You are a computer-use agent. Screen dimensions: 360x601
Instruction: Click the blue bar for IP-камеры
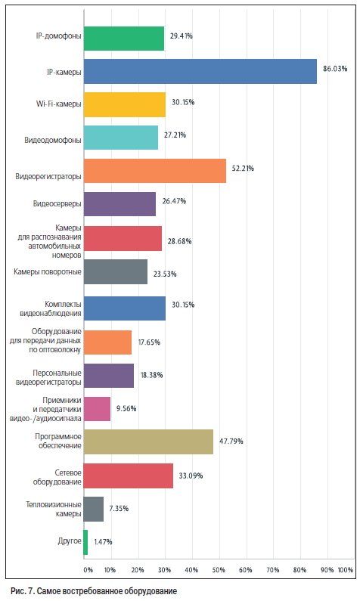(x=200, y=71)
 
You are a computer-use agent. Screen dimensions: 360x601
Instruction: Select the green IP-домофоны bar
(x=124, y=39)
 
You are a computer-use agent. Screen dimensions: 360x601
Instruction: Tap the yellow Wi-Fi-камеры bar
(x=125, y=104)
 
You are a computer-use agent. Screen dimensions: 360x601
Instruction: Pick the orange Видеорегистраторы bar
(x=155, y=171)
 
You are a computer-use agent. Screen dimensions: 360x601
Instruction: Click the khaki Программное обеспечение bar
(x=148, y=441)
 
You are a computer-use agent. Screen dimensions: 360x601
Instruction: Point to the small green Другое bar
(x=85, y=542)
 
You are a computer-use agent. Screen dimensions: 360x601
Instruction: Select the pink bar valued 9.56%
(x=97, y=408)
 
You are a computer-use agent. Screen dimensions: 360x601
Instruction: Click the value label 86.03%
(x=335, y=69)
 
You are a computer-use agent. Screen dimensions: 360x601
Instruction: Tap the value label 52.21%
(x=243, y=169)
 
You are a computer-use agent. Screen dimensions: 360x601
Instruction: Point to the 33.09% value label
(x=191, y=476)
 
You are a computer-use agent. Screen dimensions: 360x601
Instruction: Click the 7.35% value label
(x=119, y=509)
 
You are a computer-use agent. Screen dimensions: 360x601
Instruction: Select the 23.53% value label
(x=165, y=274)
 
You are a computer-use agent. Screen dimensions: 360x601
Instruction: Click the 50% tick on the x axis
(x=219, y=570)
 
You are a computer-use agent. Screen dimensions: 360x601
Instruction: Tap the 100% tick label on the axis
(x=345, y=570)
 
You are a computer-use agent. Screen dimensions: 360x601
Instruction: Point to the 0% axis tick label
(x=88, y=570)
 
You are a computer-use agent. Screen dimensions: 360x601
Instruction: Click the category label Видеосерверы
(x=57, y=203)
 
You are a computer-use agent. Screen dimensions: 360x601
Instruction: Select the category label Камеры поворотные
(x=48, y=271)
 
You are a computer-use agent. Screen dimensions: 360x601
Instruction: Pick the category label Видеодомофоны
(x=53, y=141)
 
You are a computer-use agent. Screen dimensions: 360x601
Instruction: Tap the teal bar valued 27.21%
(x=121, y=138)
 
